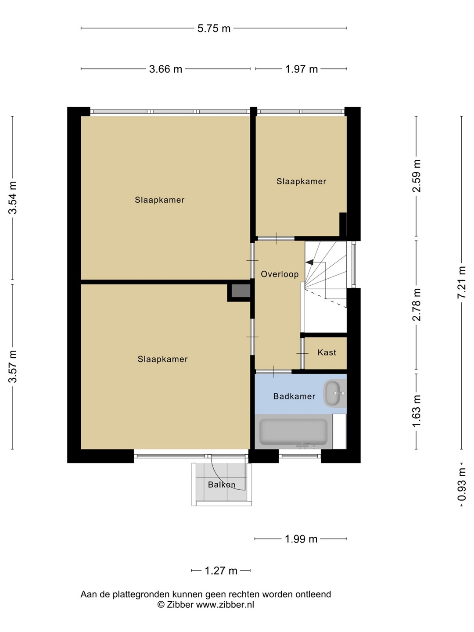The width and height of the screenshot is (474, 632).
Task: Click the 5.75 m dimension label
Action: coord(214,29)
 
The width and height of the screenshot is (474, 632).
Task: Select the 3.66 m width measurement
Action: coord(165,69)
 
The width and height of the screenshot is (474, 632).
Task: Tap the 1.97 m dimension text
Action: coord(302,69)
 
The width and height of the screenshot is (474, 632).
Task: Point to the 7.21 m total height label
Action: coord(462,282)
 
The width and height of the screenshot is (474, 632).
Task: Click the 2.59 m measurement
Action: coord(417,176)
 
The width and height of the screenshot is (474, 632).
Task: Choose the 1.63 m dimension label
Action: coord(417,411)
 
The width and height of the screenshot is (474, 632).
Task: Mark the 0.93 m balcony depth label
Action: coord(462,484)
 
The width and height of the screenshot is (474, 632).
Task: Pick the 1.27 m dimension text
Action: coord(221,571)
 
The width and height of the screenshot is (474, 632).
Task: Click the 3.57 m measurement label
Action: coord(13,366)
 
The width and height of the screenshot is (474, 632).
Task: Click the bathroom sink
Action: coord(335,393)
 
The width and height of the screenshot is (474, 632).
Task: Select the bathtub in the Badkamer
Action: coord(293,431)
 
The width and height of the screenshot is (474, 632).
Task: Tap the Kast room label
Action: coord(327,352)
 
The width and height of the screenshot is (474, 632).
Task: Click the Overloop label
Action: coord(280,274)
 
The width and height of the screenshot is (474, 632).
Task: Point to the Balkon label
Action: coord(222,485)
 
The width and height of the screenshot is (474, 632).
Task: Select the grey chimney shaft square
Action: coord(241,291)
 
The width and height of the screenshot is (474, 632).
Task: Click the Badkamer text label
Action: coord(294,396)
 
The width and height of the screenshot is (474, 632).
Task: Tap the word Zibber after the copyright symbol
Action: coord(180,604)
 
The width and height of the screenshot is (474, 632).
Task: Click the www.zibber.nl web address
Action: coord(225,604)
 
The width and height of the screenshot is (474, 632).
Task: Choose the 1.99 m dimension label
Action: coord(301,539)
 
